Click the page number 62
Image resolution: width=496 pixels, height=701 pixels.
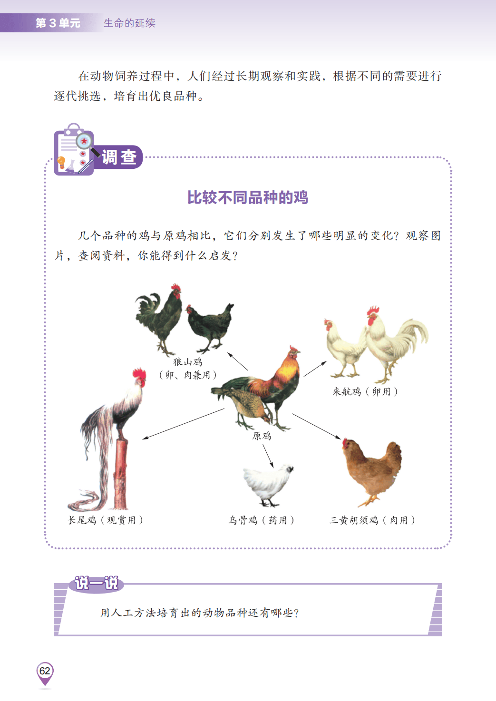coord(45,671)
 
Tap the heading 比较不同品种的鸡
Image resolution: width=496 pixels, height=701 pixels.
coord(248,197)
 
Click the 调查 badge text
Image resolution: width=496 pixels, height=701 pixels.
coord(119,157)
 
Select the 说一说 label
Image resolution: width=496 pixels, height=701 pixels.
coord(97,583)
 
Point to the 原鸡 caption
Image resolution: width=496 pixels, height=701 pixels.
coord(262,436)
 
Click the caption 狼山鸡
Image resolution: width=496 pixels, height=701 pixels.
coord(188,362)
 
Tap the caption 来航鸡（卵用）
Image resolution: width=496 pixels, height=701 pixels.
coord(365,391)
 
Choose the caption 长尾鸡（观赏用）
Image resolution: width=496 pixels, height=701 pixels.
coord(105,520)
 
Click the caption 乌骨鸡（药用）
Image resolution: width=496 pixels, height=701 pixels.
coord(261,520)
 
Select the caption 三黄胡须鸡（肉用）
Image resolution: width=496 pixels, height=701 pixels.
coord(372,520)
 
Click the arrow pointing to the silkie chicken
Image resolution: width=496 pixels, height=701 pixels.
coord(268,456)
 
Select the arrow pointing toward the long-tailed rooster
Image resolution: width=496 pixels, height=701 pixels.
coord(184,424)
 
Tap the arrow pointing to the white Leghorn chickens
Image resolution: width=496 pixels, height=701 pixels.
coord(315,369)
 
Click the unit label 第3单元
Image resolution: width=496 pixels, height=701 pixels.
coord(58,23)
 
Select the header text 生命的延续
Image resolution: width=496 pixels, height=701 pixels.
coord(129,23)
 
